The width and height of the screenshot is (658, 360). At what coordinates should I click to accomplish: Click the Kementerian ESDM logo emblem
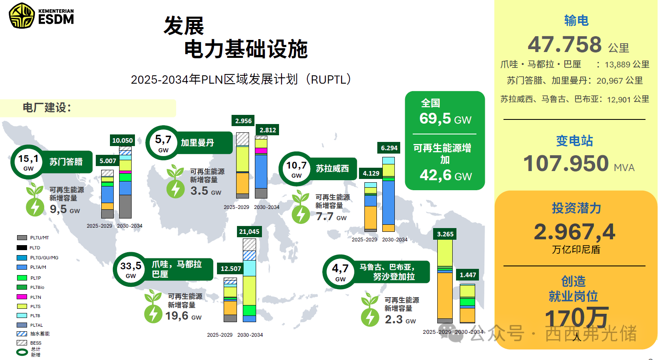pos(22,16)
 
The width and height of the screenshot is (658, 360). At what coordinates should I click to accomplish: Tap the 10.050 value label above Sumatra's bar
pos(122,141)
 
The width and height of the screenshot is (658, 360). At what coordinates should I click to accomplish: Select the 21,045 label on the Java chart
pos(249,232)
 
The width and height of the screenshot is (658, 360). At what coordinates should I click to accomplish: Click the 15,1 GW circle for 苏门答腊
pos(28,162)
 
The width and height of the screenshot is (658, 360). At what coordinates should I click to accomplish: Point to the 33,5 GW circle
pos(131,269)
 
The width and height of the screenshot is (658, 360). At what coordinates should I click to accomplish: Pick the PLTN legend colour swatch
pos(22,297)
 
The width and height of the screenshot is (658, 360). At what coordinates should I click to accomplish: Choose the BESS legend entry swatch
pos(22,343)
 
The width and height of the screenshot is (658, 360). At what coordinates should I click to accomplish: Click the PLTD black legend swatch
pos(22,248)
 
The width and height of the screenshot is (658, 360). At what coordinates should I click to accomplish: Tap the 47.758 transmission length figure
pos(565,45)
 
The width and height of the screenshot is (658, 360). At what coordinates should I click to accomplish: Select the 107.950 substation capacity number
pos(566,163)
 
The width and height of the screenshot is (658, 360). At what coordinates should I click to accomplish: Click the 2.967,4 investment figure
pos(574,232)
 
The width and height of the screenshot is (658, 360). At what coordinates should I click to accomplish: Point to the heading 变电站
pos(574,141)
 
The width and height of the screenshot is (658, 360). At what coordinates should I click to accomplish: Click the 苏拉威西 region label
pos(332,169)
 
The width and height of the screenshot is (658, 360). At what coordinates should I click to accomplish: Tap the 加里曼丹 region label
pos(197,143)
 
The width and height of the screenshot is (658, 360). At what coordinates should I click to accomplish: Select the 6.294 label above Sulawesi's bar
pos(389,148)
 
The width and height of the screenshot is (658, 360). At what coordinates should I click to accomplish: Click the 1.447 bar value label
pos(468,275)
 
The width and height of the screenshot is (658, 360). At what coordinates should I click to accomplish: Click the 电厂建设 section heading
pos(47,108)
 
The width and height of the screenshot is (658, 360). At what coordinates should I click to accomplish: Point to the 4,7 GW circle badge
pos(340,272)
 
